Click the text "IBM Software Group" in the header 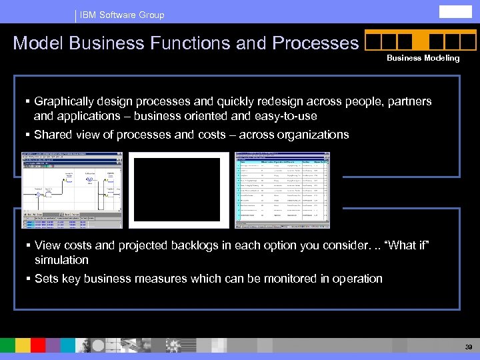pos(122,15)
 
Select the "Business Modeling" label pos(423,58)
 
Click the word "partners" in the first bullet pos(409,102)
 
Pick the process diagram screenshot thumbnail pos(72,190)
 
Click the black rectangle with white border pos(174,190)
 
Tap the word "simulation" pos(61,260)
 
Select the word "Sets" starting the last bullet pos(46,279)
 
